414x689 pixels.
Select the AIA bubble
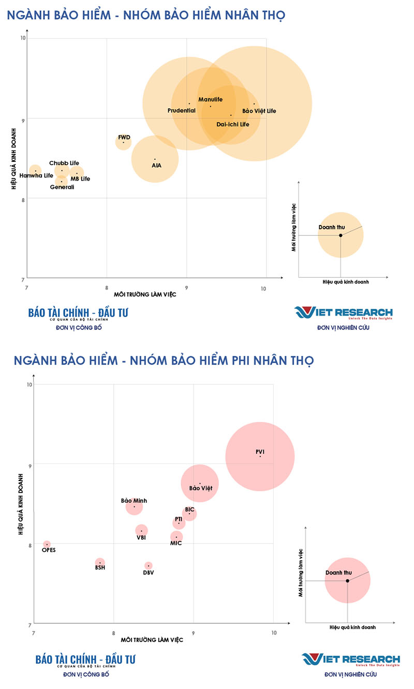click(x=155, y=159)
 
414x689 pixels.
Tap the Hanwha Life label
click(x=36, y=176)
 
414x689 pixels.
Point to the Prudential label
click(x=181, y=111)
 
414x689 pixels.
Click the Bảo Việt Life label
click(x=259, y=111)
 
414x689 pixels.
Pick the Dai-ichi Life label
click(x=233, y=125)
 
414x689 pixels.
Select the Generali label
click(x=62, y=187)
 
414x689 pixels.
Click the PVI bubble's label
click(x=260, y=452)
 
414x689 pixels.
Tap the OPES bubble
click(x=47, y=544)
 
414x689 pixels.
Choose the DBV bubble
click(x=149, y=565)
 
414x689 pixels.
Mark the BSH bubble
click(x=100, y=562)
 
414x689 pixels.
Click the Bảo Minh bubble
click(x=134, y=506)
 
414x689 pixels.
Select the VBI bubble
click(x=141, y=530)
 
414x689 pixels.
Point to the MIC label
click(x=176, y=543)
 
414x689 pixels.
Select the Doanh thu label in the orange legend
click(x=332, y=228)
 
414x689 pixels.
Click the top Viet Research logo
click(x=344, y=313)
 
